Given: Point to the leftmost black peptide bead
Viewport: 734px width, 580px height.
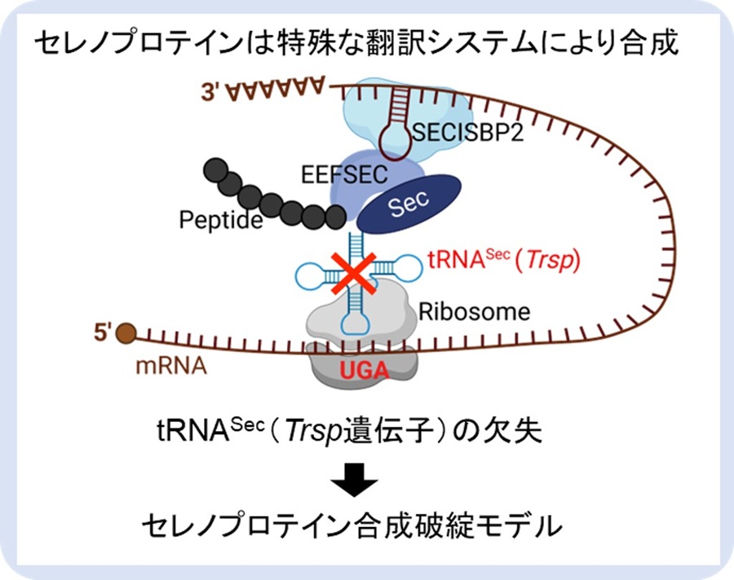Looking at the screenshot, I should click(x=214, y=171).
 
